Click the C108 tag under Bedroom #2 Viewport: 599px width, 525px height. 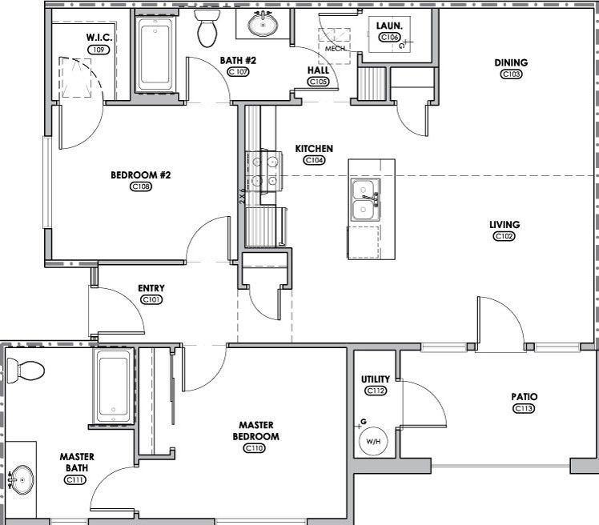(141, 186)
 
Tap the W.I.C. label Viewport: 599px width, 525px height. (98, 38)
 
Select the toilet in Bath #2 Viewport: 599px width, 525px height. (207, 29)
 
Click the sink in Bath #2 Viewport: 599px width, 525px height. (261, 25)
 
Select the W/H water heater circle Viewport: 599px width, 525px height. (374, 440)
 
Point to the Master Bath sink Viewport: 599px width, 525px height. (22, 480)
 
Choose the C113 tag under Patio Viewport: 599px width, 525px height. (524, 408)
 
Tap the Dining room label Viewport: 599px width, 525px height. (511, 62)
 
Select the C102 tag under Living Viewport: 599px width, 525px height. (504, 236)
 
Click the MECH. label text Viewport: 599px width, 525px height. (335, 49)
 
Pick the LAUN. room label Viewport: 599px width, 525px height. (388, 26)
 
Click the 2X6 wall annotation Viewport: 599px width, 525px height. (241, 195)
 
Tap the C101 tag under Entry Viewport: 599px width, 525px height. (151, 299)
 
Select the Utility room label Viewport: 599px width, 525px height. (376, 379)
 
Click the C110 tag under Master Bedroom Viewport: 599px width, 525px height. (255, 448)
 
